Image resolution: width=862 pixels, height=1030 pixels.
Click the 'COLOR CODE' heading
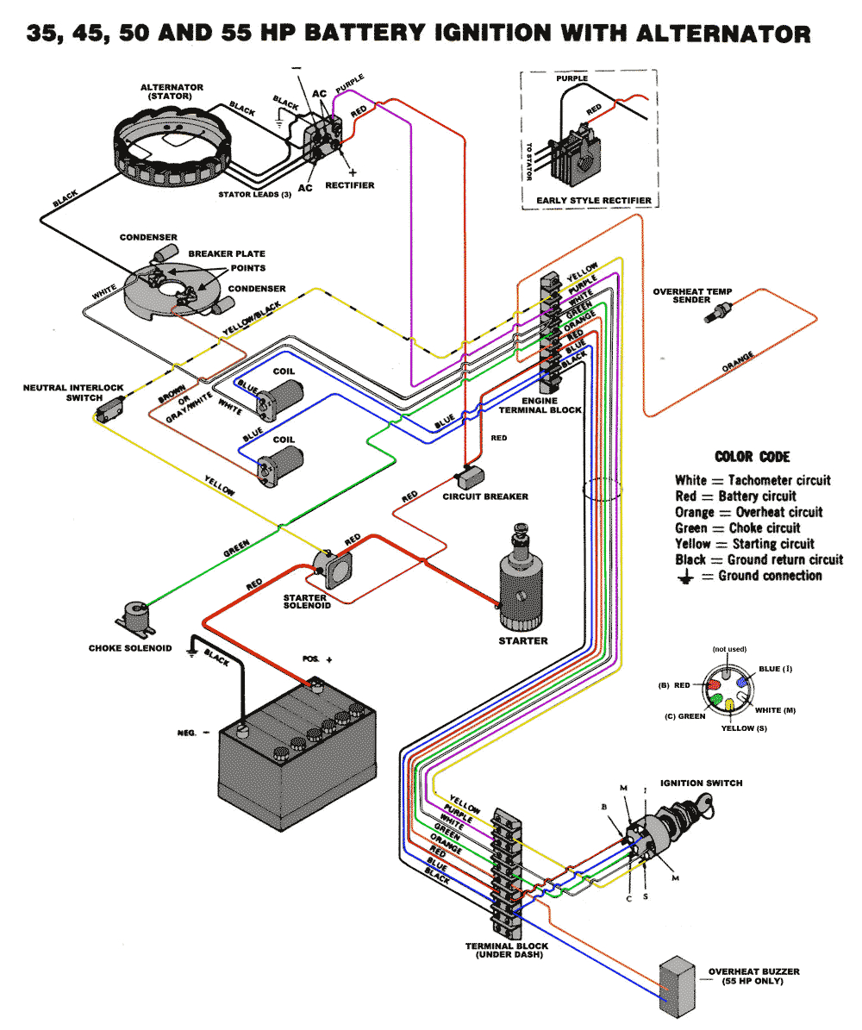(752, 457)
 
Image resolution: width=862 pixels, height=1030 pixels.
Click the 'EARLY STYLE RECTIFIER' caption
(593, 201)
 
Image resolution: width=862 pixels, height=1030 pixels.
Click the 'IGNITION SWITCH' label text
(701, 783)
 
